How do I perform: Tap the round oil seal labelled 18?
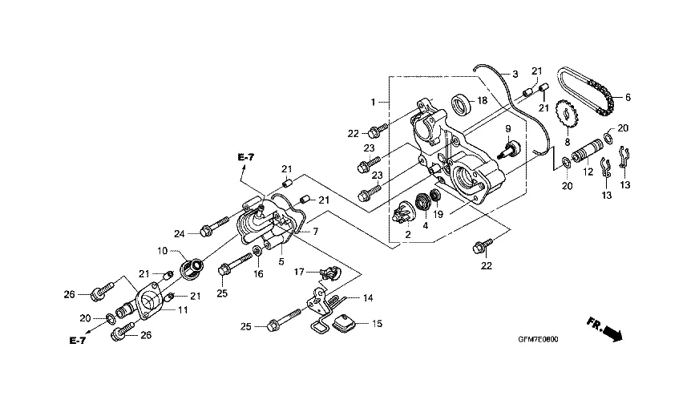coord(463,103)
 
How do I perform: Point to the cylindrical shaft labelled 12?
coord(588,151)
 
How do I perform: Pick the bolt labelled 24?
coord(216,225)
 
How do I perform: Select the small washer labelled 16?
coord(257,252)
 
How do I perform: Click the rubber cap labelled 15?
coord(344,322)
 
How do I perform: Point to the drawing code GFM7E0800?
coord(538,339)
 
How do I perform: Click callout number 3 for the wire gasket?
coord(515,74)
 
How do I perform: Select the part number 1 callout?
coord(374,103)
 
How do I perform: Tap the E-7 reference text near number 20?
coord(77,340)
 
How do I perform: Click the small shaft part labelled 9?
coord(511,148)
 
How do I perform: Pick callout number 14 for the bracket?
coord(368,298)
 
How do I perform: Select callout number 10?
coord(162,251)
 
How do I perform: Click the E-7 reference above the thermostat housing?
coord(246,157)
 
